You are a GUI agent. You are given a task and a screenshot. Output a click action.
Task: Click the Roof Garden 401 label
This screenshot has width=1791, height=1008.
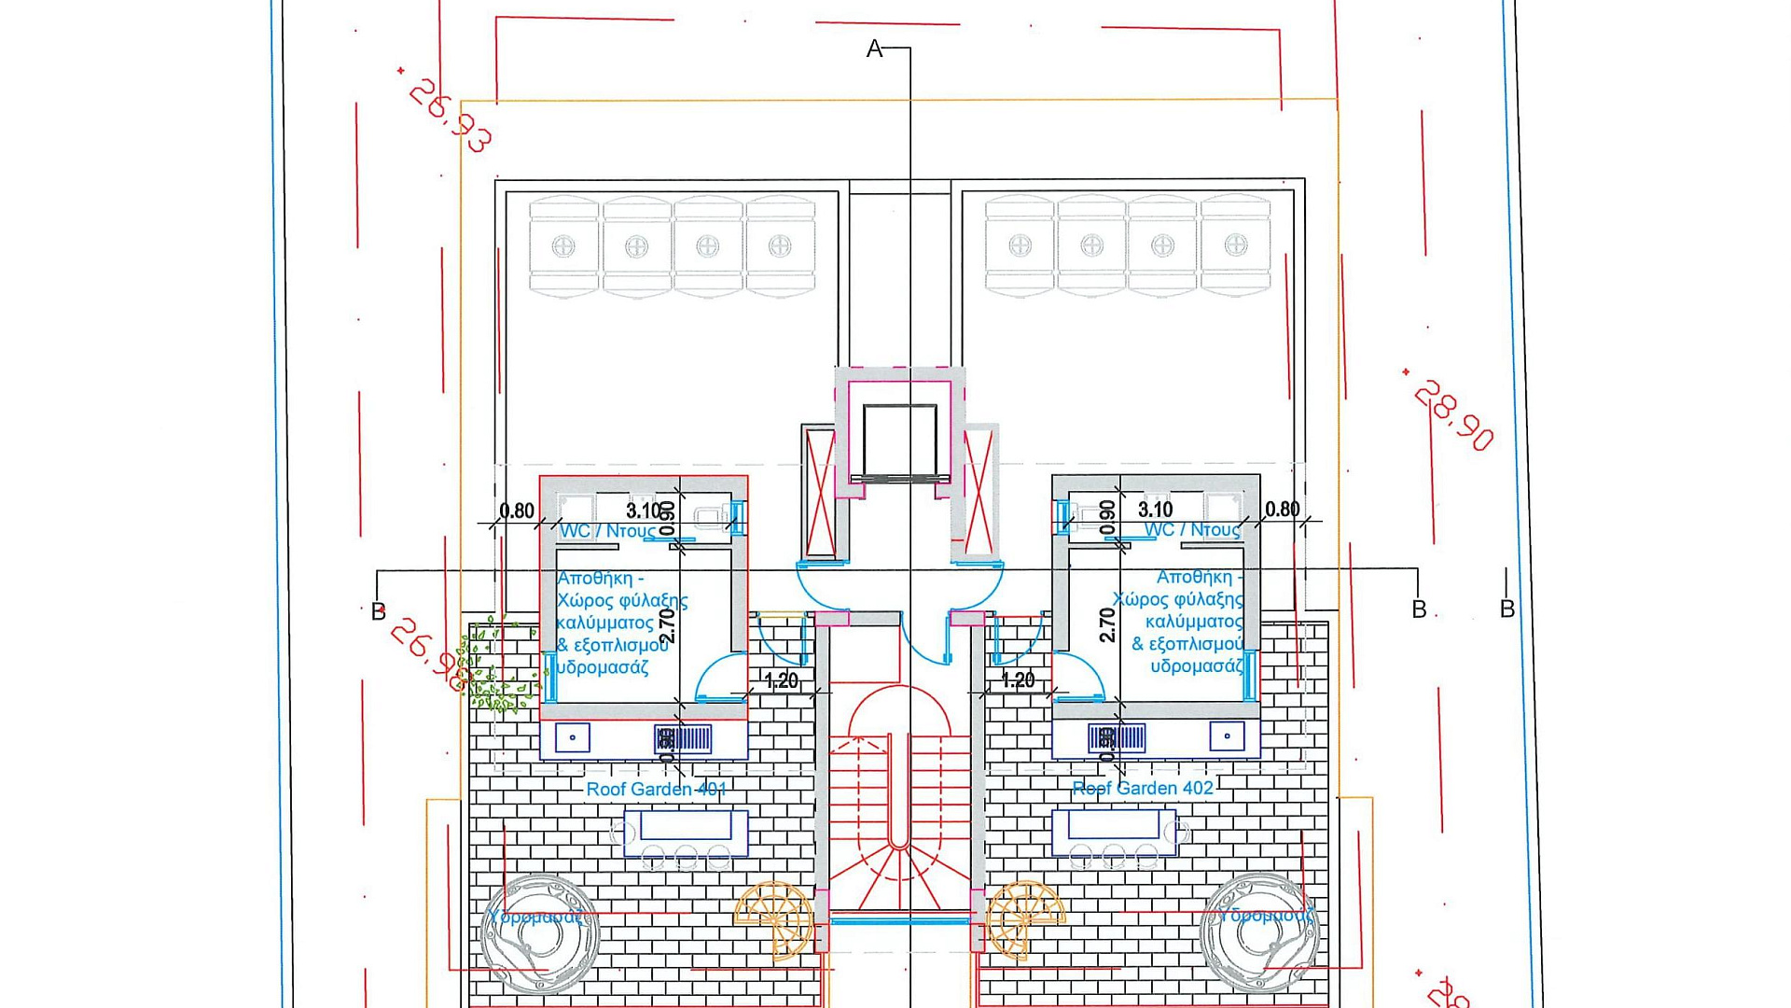pos(656,790)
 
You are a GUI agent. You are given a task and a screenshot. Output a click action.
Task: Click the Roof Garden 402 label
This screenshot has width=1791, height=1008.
pos(1143,789)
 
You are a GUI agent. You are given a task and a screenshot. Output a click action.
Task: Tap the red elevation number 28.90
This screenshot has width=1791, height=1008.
pos(1453,415)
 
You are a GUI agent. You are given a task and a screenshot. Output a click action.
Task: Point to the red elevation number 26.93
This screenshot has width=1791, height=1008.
pos(451,116)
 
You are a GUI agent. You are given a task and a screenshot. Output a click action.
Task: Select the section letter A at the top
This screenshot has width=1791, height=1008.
pos(874,49)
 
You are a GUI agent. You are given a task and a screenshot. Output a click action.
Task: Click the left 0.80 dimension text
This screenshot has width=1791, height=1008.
pos(517,511)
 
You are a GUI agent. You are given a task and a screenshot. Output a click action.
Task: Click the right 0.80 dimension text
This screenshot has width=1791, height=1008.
pos(1282,510)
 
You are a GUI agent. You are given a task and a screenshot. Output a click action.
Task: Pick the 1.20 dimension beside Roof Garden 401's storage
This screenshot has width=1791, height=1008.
pos(782,681)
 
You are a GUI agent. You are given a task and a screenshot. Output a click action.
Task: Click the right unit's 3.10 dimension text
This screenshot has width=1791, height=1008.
pos(1155,510)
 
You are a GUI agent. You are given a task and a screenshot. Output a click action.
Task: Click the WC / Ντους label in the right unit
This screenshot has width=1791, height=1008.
pos(1192,530)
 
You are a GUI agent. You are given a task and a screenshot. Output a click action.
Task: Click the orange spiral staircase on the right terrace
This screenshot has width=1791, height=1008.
pos(1024,918)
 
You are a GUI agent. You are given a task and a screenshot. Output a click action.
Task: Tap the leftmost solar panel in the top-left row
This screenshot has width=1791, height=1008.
pos(563,246)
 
